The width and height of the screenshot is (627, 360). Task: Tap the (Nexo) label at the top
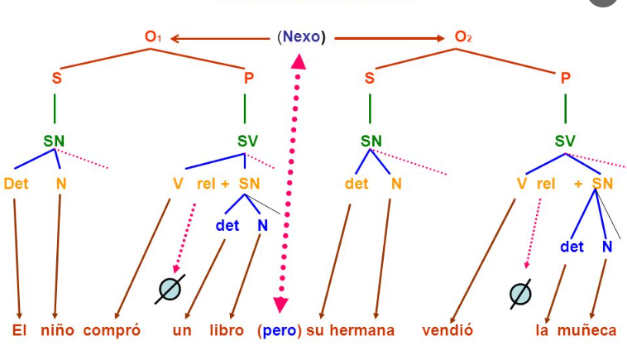click(302, 37)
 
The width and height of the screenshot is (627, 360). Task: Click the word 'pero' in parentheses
click(280, 330)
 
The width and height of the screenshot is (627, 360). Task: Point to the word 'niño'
click(59, 330)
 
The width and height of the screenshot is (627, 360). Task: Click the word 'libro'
click(226, 330)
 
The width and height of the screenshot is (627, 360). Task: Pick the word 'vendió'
click(447, 330)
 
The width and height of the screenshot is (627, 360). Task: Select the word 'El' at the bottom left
click(20, 330)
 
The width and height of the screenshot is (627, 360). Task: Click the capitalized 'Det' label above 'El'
click(16, 183)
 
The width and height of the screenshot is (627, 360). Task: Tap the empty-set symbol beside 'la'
click(520, 292)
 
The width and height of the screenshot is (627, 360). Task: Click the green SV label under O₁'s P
click(247, 141)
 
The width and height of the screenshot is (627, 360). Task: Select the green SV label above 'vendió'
click(565, 141)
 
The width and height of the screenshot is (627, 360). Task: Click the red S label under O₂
click(370, 79)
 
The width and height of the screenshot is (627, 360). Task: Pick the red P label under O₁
click(246, 79)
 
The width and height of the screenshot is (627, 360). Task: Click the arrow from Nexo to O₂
click(389, 37)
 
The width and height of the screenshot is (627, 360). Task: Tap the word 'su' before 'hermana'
click(314, 330)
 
